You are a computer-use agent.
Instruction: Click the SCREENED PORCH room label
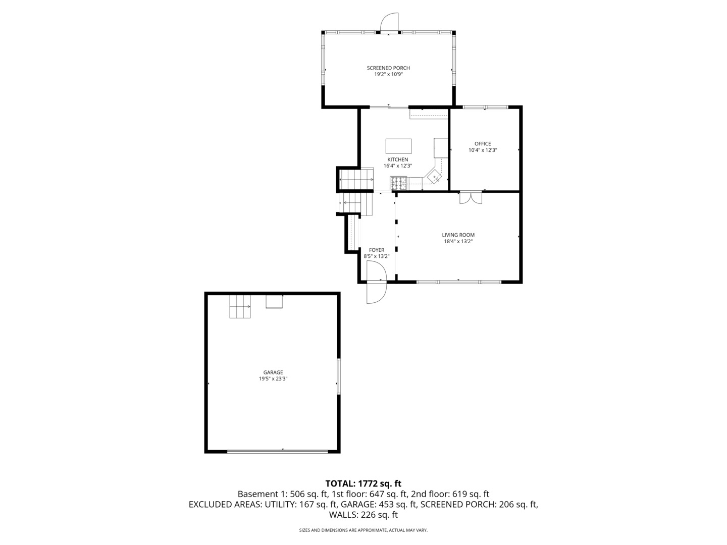(388, 68)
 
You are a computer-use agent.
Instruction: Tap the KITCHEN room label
(397, 159)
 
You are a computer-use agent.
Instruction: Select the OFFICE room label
(482, 144)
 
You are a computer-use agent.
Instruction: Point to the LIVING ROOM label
(458, 235)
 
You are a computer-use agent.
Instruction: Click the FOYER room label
(376, 250)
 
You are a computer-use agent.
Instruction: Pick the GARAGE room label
(273, 372)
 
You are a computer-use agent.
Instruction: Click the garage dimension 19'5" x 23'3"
(273, 379)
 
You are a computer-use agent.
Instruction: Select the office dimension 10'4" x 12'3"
(482, 150)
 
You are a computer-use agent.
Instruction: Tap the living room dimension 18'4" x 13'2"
(458, 241)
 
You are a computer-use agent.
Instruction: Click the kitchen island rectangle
(398, 146)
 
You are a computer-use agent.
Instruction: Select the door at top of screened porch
(389, 23)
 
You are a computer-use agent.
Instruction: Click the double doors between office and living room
(471, 198)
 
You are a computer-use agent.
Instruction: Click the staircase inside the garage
(240, 306)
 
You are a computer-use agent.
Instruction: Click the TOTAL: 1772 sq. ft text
(363, 484)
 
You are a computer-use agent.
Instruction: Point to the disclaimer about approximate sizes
(363, 530)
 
